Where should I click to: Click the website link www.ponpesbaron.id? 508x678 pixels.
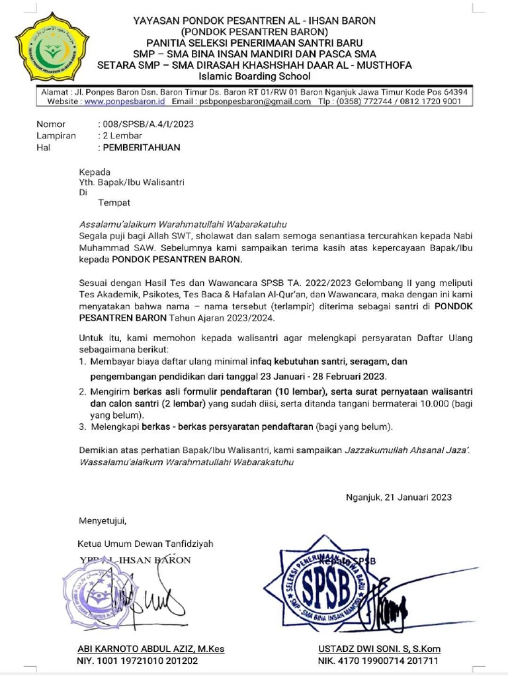[124, 102]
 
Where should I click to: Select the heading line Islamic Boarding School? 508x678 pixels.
[254, 76]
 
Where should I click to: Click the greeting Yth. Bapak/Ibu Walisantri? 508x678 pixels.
[132, 182]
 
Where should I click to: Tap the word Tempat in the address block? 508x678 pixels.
[114, 203]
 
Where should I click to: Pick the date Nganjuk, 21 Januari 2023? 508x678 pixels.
[399, 497]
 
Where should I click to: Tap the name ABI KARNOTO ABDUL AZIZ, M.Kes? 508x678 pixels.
[151, 649]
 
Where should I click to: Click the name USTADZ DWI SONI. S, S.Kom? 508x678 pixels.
[379, 649]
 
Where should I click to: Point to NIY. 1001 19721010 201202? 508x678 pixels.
[138, 661]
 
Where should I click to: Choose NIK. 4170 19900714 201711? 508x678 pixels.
[378, 661]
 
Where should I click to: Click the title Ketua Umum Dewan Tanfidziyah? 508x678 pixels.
[146, 544]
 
